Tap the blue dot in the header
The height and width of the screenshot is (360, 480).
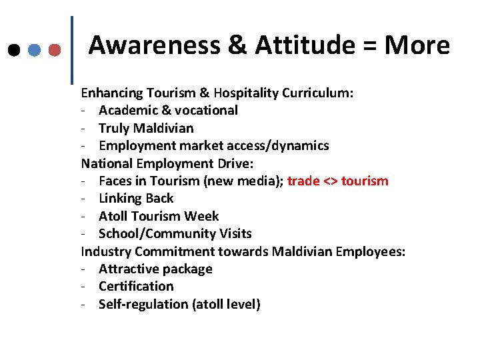pos(34,50)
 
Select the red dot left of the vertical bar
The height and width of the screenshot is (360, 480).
pos(55,50)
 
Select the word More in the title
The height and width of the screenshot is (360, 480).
pos(417,45)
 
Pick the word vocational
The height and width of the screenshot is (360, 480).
pos(207,110)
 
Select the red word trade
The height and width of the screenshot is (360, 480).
pos(303,181)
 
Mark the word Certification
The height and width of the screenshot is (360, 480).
pos(136,286)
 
